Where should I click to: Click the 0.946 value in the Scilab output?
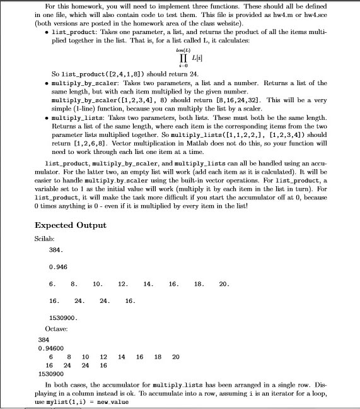click(x=58, y=266)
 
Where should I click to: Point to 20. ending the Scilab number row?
click(x=223, y=284)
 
